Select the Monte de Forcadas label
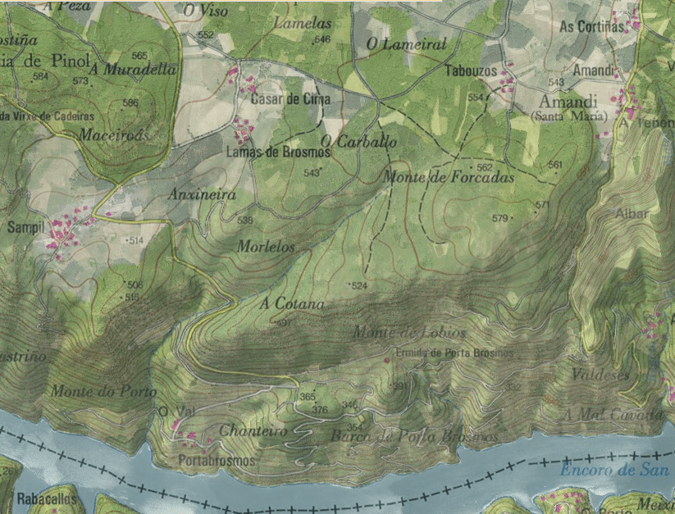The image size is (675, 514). (x=449, y=177)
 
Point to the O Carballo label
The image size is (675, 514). (x=358, y=142)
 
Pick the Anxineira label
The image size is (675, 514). (x=202, y=195)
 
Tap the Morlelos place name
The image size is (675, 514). (x=266, y=246)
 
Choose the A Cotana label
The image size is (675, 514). (x=292, y=303)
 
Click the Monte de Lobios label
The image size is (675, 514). (x=409, y=333)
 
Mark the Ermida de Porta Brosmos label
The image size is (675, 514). (x=454, y=353)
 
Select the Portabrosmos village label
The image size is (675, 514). (x=217, y=461)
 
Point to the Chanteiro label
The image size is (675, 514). (x=253, y=431)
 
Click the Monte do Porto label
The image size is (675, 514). (x=103, y=391)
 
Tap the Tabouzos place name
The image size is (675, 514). (x=471, y=71)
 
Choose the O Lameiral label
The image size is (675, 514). (x=406, y=44)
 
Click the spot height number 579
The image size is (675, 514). (x=499, y=218)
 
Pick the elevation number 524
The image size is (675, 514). (x=358, y=285)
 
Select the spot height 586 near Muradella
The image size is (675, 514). (x=130, y=102)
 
